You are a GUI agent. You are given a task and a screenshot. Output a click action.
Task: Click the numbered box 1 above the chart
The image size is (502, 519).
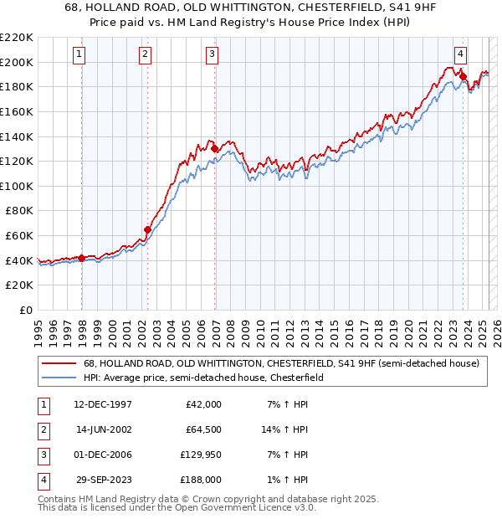[79, 55]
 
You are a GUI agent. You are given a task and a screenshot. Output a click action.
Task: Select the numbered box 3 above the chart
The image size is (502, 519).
[212, 55]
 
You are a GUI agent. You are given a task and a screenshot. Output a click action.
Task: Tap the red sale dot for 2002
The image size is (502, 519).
[148, 229]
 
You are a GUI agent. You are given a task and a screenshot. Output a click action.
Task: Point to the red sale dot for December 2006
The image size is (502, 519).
[215, 148]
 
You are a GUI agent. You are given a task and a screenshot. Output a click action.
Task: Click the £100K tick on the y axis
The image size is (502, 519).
[18, 185]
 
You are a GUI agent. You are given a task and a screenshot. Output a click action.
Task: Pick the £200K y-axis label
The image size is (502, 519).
[18, 62]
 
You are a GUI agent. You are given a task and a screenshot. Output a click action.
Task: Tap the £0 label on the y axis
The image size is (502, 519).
[26, 310]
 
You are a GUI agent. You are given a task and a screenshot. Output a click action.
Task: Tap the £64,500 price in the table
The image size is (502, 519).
[202, 429]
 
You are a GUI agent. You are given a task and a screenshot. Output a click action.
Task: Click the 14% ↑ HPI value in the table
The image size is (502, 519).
[284, 429]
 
